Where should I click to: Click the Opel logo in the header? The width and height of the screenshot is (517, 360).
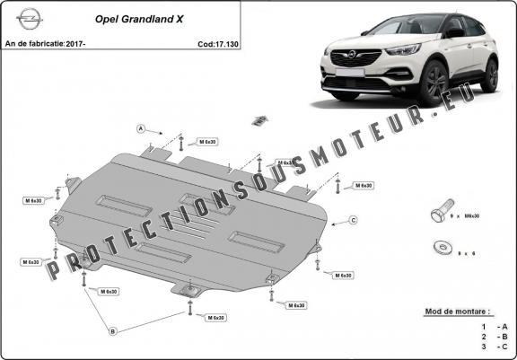click(27, 19)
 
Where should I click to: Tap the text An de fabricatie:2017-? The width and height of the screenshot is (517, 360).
click(45, 44)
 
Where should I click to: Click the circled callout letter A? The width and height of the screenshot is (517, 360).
click(141, 129)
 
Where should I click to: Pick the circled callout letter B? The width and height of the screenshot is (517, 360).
click(113, 331)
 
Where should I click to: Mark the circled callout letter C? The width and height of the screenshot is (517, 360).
click(354, 220)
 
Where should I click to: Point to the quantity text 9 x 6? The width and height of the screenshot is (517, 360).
click(462, 255)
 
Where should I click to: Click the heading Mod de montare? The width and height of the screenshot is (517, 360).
click(457, 311)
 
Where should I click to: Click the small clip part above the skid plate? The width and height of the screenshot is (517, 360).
click(260, 119)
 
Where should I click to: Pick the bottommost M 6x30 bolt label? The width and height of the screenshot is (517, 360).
click(215, 318)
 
